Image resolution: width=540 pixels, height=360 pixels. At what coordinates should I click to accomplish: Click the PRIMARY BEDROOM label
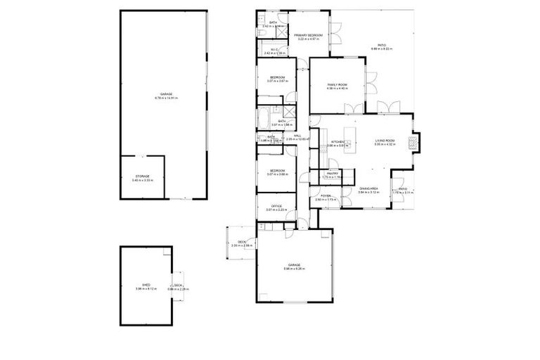[308, 35]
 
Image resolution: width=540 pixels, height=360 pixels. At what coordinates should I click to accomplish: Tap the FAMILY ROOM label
[337, 84]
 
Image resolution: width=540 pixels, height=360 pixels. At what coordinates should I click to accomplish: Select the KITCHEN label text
[337, 141]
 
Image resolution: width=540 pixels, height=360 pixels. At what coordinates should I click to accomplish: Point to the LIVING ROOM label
[385, 141]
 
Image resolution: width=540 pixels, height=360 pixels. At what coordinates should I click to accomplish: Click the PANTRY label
[332, 173]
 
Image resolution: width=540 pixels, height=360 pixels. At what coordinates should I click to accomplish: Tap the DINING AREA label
[369, 188]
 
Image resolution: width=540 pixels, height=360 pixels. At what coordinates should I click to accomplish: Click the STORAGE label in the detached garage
[143, 177]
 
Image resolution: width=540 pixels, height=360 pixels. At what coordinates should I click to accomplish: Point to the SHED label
[145, 285]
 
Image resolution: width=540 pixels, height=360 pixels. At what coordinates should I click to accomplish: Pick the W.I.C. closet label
[277, 49]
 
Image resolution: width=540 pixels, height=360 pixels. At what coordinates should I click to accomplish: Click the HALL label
[297, 136]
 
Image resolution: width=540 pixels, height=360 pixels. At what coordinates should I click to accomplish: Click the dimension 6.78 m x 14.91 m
[166, 98]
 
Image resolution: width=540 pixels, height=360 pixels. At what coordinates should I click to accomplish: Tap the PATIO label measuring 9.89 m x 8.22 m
[381, 49]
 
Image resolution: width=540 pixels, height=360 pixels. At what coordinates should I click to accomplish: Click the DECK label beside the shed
[178, 285]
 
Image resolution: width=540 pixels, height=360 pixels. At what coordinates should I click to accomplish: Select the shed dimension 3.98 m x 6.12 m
[145, 289]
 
